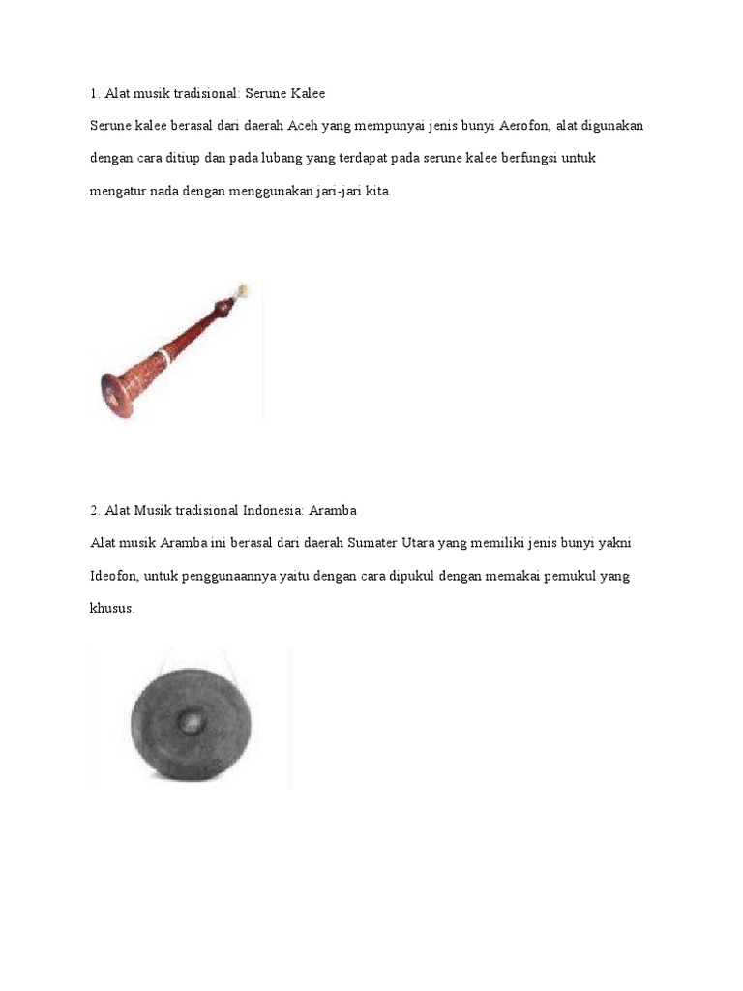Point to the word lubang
coord(283,159)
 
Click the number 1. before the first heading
coord(94,94)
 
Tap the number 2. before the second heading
coord(94,510)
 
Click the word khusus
coord(111,609)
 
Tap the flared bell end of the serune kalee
coord(114,391)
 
